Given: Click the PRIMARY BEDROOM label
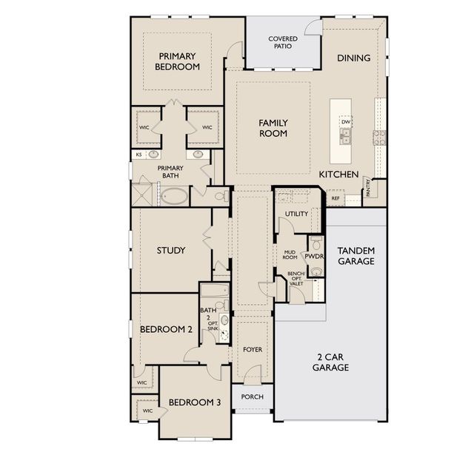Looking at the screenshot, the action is (178, 61).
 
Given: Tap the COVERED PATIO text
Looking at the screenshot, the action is (283, 42).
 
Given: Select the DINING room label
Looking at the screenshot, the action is (354, 58).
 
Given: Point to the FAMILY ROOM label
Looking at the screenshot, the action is (273, 128).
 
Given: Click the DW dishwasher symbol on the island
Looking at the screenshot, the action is (346, 122).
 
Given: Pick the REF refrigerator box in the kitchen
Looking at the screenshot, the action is (336, 198).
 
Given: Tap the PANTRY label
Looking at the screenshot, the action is (368, 188).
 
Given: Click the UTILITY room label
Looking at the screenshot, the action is (296, 214).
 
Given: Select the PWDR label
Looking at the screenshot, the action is (314, 257).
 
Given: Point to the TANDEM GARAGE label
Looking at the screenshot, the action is (356, 256).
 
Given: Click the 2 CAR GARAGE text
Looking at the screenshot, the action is (330, 362).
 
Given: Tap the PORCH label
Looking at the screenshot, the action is (253, 396).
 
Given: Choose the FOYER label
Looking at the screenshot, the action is (253, 349).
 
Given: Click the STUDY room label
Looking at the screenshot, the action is (171, 250).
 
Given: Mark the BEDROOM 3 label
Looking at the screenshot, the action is (195, 402).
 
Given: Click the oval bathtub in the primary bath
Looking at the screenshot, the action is (174, 196).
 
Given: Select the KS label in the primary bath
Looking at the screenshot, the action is (138, 155).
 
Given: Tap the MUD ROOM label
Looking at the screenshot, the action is (290, 255).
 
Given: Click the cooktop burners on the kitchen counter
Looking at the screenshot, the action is (380, 138).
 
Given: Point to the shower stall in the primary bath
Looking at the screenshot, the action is (142, 195).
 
